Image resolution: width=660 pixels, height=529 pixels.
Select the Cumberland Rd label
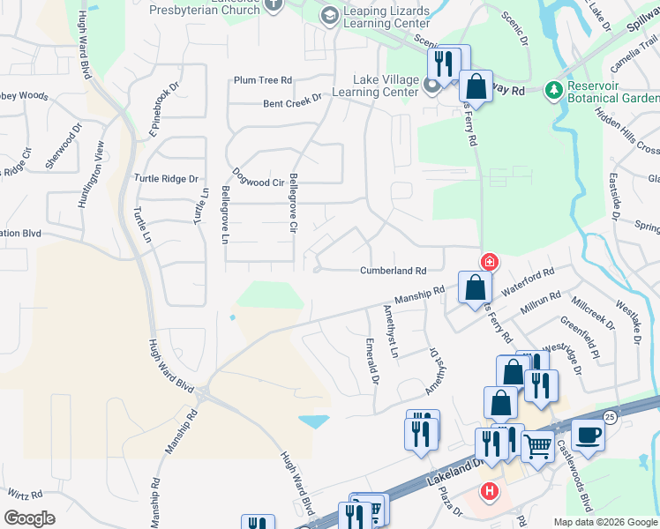pos(393,271)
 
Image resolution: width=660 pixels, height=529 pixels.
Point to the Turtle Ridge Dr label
pos(166,178)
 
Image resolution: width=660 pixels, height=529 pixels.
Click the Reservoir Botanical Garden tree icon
pos(553,90)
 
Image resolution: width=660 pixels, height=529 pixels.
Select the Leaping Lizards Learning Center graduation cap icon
pos(329,16)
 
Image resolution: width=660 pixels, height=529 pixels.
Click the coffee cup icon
pos(589,434)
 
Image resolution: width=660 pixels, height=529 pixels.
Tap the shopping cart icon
pos(537,446)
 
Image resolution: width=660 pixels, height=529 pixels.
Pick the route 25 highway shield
pos(610,416)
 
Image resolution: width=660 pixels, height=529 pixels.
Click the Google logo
pos(29,518)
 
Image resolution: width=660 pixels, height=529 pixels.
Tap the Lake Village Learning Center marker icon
pos(432,86)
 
